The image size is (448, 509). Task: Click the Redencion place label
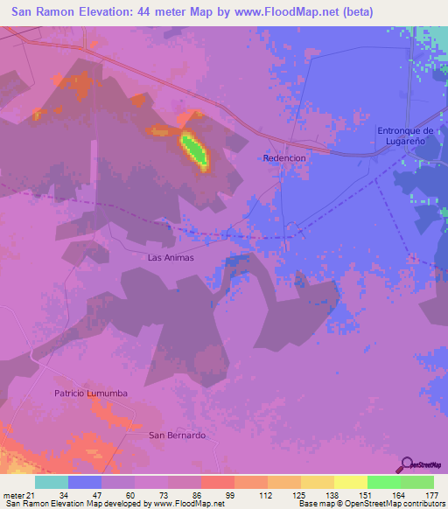pos(284,157)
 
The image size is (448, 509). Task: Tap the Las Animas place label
pos(170,258)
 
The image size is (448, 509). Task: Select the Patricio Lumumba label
pos(90,394)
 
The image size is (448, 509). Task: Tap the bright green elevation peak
pos(195,150)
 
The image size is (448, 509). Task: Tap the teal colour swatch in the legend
pos(52,482)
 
